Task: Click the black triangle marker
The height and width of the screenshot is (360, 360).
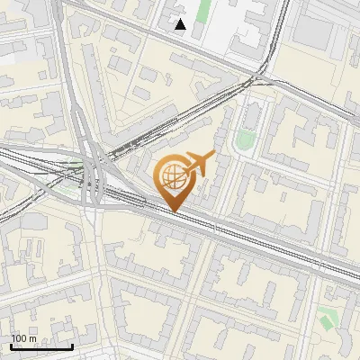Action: (181, 24)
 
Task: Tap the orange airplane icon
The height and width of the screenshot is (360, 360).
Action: (199, 164)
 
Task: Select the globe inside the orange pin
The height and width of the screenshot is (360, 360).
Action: (171, 175)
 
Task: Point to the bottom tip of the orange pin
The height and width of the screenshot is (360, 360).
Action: (172, 211)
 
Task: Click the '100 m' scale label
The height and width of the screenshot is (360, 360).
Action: (24, 338)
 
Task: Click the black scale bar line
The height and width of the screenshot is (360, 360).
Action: (41, 346)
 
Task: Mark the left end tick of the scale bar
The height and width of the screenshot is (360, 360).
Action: (11, 346)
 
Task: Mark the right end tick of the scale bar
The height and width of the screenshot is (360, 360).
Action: (72, 346)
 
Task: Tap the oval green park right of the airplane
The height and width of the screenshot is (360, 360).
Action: (245, 139)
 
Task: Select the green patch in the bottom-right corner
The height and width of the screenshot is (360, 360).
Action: (327, 319)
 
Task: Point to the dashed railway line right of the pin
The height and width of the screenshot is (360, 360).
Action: (270, 244)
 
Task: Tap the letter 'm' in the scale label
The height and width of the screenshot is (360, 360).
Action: (33, 338)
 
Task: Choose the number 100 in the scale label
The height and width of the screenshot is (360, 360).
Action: (20, 338)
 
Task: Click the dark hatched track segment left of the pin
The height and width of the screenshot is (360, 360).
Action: (135, 144)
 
